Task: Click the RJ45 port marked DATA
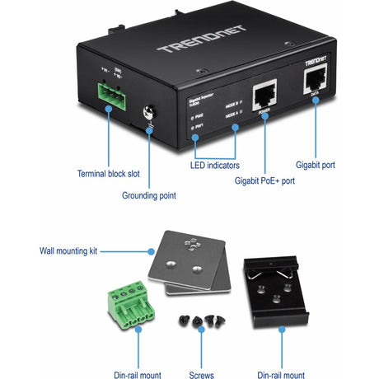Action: [316, 82]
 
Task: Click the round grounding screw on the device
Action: [151, 114]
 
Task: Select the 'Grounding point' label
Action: [150, 196]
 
